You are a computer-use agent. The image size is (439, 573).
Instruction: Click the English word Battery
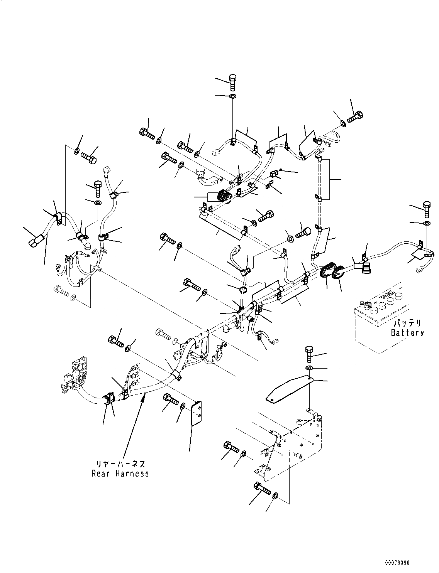coord(407,333)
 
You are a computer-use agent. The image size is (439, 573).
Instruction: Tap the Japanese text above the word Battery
coord(407,324)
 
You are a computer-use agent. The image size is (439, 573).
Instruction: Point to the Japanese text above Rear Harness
coord(120,464)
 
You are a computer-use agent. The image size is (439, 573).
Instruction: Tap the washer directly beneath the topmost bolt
coord(232,96)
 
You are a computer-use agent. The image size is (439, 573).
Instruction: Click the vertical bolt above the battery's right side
coord(427,209)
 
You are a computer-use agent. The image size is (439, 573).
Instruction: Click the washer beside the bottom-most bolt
coord(275,495)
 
